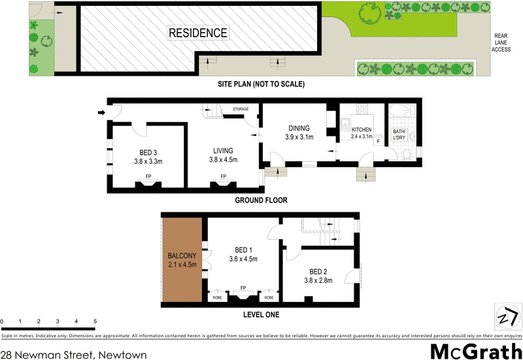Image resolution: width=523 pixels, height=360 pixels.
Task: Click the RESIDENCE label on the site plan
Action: [x=198, y=33]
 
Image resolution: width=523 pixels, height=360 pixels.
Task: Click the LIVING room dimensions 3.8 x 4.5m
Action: [x=223, y=159]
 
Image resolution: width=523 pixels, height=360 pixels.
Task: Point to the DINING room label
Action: [x=297, y=128]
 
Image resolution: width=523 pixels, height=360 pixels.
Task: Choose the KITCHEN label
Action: [x=362, y=129]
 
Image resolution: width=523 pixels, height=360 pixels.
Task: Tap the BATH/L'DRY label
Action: [x=399, y=135]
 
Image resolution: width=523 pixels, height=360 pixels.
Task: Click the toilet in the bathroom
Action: [x=407, y=154]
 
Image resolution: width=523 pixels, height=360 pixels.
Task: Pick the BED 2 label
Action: [x=319, y=271]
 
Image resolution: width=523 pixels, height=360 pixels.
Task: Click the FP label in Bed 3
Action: [x=148, y=176]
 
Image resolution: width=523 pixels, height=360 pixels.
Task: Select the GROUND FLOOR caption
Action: [x=261, y=201]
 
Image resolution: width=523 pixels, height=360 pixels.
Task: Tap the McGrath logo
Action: [x=475, y=351]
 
